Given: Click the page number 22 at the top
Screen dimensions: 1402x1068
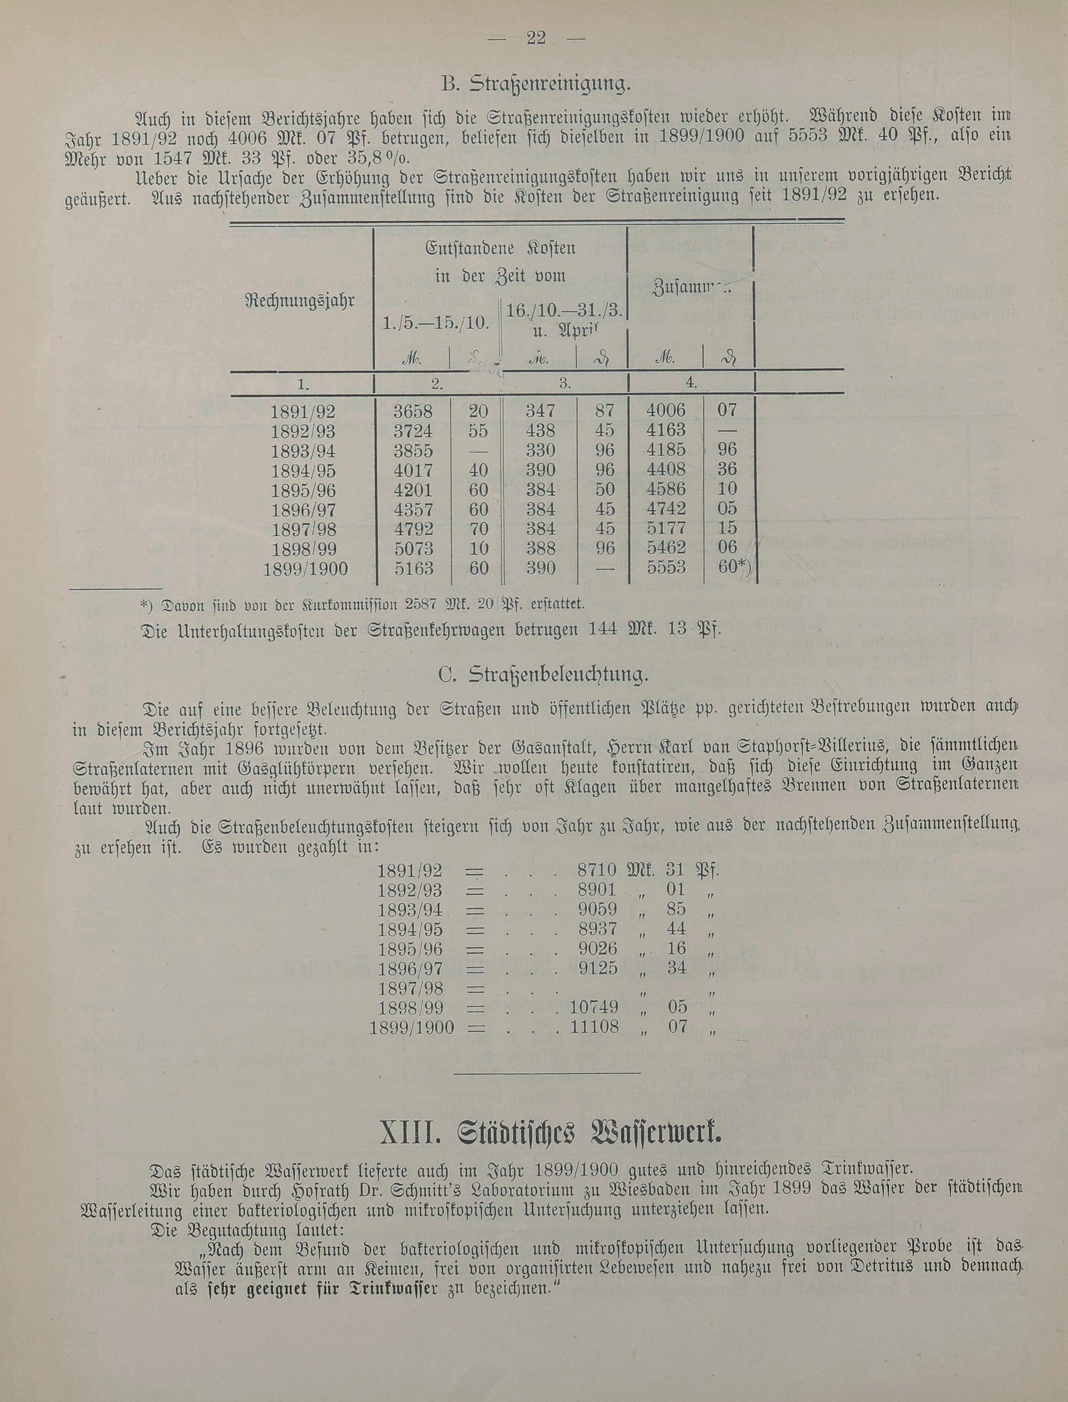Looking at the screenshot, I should [537, 38].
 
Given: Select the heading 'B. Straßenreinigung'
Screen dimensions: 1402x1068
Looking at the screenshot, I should [536, 83].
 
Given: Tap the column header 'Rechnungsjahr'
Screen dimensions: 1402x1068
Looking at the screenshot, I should [300, 301].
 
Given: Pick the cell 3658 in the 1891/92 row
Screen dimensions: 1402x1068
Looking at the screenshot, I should [413, 411].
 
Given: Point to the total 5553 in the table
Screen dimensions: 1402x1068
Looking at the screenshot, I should [666, 567].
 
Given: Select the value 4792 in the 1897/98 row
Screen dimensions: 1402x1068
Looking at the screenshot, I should [413, 529].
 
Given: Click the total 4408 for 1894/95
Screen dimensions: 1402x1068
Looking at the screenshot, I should [666, 470].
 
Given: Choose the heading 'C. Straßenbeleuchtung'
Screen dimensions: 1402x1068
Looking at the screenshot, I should [544, 675].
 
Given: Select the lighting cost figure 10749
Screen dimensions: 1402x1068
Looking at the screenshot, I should [594, 1007].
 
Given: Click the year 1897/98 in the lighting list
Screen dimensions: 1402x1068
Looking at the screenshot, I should [410, 988].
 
